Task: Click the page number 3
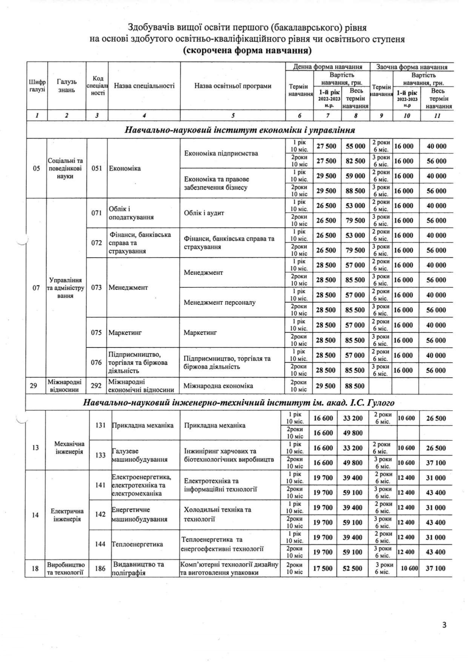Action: [444, 624]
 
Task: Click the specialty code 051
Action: [97, 168]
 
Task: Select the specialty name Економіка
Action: [125, 168]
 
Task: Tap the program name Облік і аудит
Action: [204, 213]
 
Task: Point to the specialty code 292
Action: [97, 386]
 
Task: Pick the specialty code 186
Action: [100, 568]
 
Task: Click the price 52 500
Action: [352, 568]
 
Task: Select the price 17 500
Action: [323, 568]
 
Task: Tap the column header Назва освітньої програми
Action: [233, 86]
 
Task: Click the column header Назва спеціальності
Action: [144, 86]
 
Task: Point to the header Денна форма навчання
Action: [328, 67]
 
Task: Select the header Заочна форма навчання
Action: [412, 67]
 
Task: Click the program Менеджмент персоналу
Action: [220, 302]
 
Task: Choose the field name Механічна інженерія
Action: [69, 448]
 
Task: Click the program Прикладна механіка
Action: [215, 425]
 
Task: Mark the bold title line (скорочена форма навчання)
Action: [247, 51]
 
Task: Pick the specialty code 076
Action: [97, 362]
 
